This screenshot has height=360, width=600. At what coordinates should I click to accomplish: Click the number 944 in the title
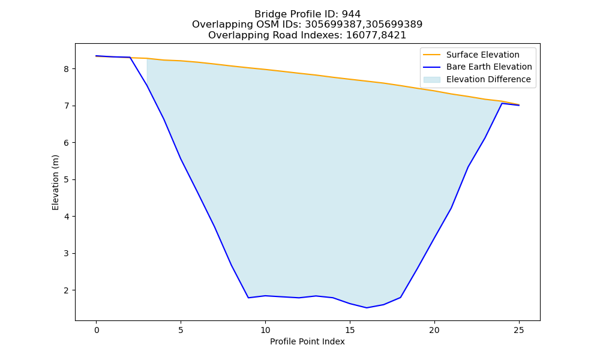[x=351, y=14]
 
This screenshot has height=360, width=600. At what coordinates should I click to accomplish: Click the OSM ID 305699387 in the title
[x=334, y=25]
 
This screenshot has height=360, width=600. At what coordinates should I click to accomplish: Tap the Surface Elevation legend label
[x=482, y=55]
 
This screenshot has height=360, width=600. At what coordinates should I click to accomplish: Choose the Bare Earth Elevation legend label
[x=489, y=67]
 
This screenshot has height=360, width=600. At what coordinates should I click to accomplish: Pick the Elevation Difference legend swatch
[x=431, y=80]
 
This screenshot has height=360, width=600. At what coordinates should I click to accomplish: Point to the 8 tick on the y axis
[x=66, y=69]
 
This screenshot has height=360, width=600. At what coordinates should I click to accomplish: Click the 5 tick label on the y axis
[x=66, y=180]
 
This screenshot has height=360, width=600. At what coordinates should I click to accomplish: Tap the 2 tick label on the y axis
[x=66, y=290]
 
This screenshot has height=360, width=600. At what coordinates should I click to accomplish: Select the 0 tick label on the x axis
[x=97, y=330]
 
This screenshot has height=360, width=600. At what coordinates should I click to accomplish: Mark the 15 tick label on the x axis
[x=350, y=330]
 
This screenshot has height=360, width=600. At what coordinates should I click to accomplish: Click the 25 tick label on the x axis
[x=519, y=330]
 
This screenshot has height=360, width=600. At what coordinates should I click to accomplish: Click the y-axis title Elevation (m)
[x=55, y=182]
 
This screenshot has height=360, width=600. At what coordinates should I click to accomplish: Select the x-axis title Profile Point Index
[x=307, y=341]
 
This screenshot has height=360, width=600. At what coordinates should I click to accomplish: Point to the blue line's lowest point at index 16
[x=367, y=308]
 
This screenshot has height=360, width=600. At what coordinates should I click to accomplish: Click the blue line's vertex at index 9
[x=248, y=298]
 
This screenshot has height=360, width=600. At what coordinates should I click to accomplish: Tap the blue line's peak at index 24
[x=502, y=103]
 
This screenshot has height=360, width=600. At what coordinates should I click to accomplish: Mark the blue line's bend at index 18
[x=401, y=297]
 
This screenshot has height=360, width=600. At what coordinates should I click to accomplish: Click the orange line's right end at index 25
[x=519, y=104]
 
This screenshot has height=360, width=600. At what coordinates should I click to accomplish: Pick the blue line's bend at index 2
[x=130, y=58]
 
